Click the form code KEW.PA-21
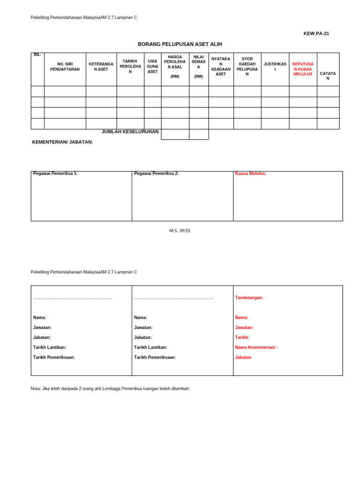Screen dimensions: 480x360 click(x=316, y=33)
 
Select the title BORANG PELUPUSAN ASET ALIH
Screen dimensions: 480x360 click(x=180, y=44)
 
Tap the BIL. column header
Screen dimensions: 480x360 click(x=37, y=55)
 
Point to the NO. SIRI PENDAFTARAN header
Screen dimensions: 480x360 click(x=65, y=67)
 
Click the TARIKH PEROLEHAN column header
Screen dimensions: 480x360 click(x=130, y=67)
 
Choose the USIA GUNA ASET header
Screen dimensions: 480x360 click(x=152, y=67)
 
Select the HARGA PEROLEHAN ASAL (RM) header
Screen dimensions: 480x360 click(x=175, y=66)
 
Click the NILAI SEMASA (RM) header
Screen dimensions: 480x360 click(x=198, y=66)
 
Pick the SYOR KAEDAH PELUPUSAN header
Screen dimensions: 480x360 click(x=247, y=67)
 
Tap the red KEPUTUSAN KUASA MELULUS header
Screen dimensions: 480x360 click(x=303, y=69)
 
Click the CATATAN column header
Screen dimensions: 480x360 click(x=328, y=76)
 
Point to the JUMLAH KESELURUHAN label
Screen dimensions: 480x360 click(x=130, y=132)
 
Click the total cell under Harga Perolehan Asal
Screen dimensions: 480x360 click(x=175, y=135)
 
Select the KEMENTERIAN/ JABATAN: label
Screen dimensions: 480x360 click(x=62, y=142)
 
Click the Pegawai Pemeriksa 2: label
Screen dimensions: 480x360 click(x=156, y=173)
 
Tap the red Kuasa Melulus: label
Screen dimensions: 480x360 click(x=250, y=173)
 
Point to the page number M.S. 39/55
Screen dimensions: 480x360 click(x=180, y=231)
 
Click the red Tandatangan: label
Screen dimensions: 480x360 click(x=249, y=298)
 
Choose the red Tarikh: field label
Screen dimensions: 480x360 click(x=242, y=337)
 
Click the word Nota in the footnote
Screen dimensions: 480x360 click(x=36, y=389)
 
